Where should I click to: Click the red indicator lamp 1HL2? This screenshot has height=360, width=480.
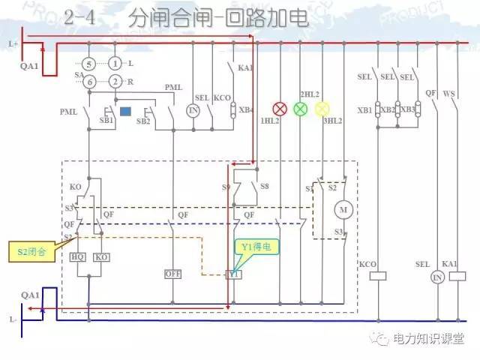280,109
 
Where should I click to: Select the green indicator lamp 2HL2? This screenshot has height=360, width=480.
301,109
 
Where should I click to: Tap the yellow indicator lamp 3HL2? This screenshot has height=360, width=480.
322,109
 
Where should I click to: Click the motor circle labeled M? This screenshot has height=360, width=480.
345,208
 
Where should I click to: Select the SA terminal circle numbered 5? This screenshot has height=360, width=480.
88,64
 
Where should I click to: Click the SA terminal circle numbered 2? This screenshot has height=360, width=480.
115,81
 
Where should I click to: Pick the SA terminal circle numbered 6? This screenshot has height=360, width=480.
88,81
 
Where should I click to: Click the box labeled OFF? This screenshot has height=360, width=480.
173,274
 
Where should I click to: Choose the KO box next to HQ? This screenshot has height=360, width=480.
102,257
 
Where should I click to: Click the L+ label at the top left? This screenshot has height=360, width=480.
13,44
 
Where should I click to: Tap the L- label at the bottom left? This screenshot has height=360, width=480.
13,319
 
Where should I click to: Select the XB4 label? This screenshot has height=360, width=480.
247,110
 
